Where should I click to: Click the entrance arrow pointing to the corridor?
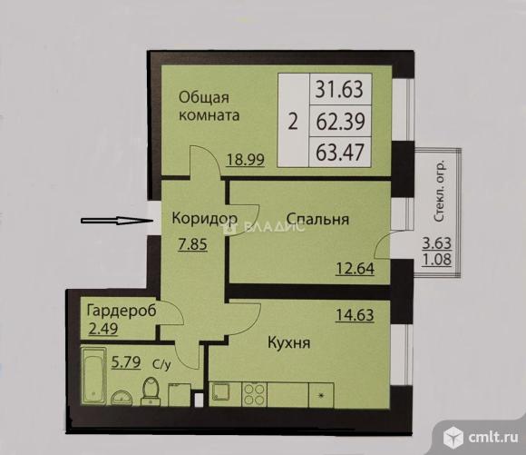coord(112,219)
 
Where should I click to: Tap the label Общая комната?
coord(209,106)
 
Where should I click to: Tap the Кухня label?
coord(289,343)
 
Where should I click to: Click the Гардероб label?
coord(121,310)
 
